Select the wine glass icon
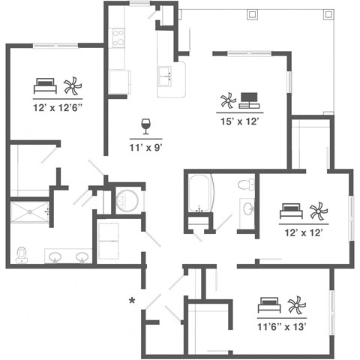[145, 124]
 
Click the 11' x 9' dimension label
[146, 148]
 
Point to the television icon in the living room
[249, 99]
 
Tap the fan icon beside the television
[226, 100]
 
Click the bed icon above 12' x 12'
[291, 211]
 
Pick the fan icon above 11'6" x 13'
[296, 305]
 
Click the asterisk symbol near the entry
[132, 301]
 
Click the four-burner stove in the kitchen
[118, 38]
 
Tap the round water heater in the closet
[127, 200]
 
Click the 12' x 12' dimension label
[304, 233]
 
